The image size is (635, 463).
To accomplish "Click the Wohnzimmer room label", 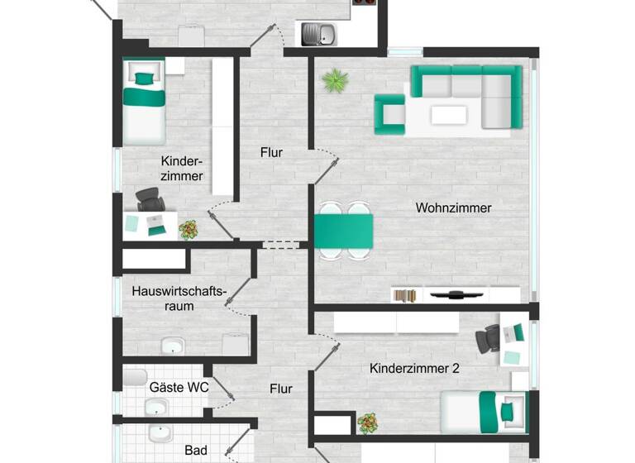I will click(x=453, y=208).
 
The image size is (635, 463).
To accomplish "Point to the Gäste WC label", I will click(x=179, y=386).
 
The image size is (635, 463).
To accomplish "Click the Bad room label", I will click(x=196, y=451).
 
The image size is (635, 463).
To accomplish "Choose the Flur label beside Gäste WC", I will click(x=281, y=388).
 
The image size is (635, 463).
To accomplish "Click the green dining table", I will click(x=343, y=229).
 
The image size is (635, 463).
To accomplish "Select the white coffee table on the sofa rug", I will click(x=448, y=114).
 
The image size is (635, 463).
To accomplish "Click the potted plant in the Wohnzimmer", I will click(x=335, y=80).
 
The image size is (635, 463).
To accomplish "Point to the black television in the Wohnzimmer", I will click(x=456, y=293).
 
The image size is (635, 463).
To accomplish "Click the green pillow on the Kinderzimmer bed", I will click(x=145, y=79).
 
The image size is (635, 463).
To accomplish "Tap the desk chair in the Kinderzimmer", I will click(x=150, y=200).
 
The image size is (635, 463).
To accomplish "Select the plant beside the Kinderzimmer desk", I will click(x=189, y=229).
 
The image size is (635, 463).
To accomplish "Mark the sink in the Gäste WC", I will click(x=156, y=407).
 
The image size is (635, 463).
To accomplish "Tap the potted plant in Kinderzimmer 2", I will click(x=368, y=423).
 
